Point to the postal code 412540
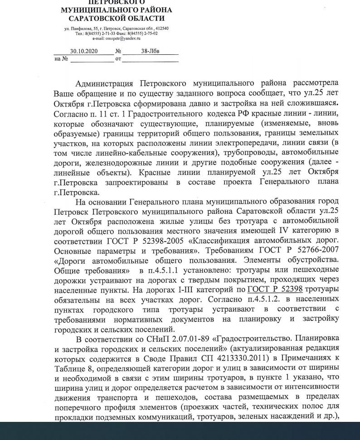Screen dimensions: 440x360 point(161,29)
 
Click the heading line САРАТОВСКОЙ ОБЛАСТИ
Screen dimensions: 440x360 point(117,19)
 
